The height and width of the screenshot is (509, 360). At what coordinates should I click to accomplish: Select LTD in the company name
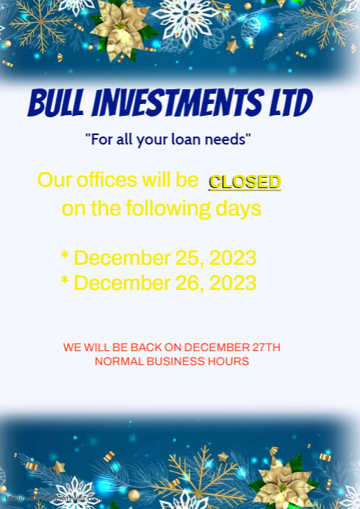tap(290, 103)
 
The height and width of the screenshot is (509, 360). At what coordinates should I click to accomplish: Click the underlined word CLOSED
tap(244, 182)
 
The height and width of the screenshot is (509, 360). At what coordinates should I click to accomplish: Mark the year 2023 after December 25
tap(233, 258)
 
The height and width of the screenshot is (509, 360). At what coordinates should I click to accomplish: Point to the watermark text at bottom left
tap(52, 499)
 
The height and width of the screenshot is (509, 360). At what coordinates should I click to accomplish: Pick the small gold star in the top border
tap(232, 46)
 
